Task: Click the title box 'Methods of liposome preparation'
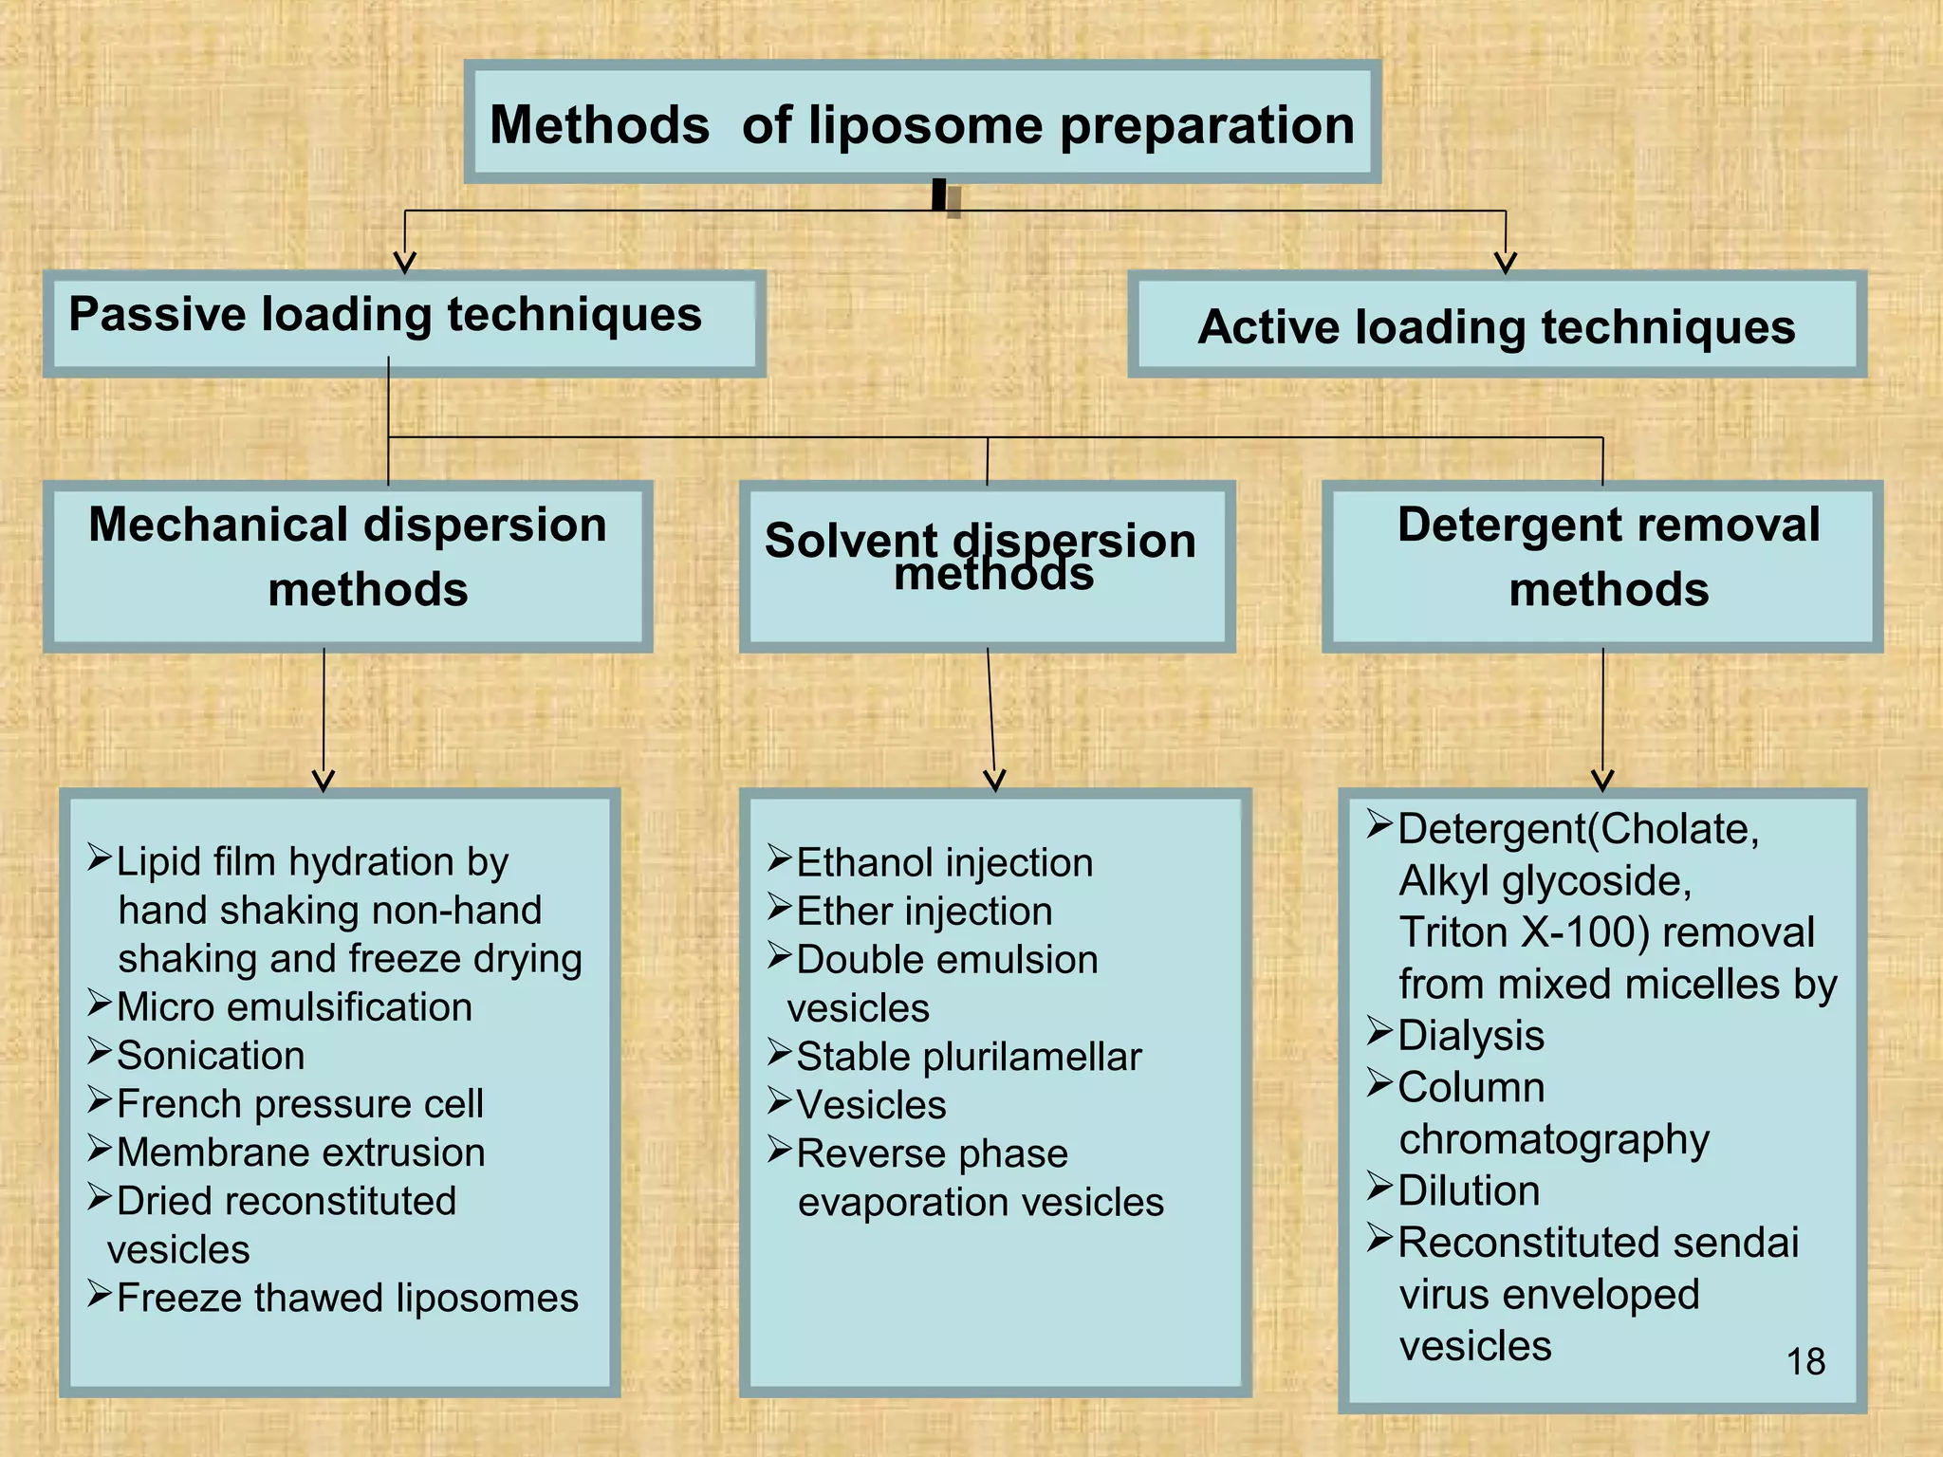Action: click(x=921, y=124)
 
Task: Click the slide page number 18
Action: click(x=1804, y=1362)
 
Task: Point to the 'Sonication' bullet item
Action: click(x=211, y=1056)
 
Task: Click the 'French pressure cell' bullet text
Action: click(x=300, y=1104)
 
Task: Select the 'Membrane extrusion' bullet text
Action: click(x=301, y=1153)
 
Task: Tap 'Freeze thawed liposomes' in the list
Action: click(x=347, y=1298)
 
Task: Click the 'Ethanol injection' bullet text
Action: click(x=944, y=863)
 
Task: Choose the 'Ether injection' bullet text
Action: click(x=924, y=912)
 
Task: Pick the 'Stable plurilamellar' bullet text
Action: click(x=969, y=1057)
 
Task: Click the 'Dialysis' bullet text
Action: click(x=1471, y=1036)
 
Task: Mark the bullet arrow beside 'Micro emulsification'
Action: click(x=100, y=1004)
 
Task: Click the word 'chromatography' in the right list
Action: click(x=1554, y=1139)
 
